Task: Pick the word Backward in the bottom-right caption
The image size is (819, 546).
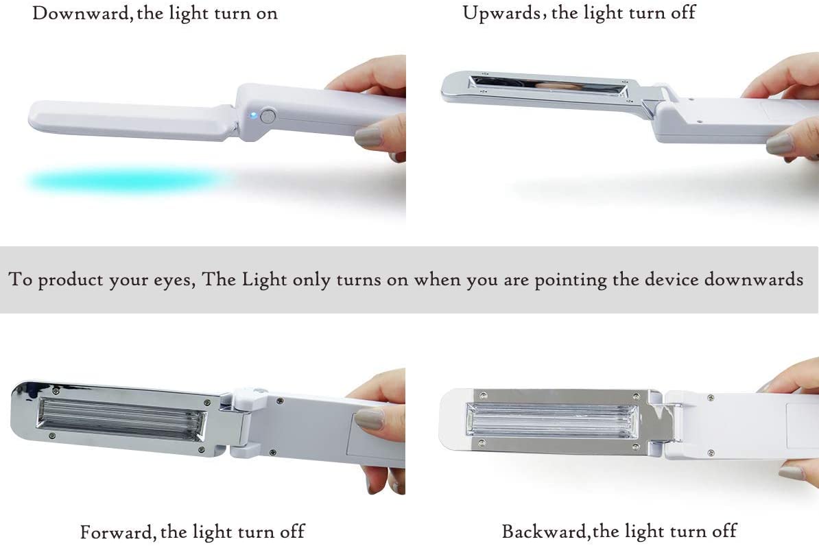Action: tap(545, 531)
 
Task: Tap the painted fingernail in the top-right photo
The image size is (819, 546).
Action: tap(780, 144)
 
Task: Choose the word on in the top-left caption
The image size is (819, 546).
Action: tap(264, 13)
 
